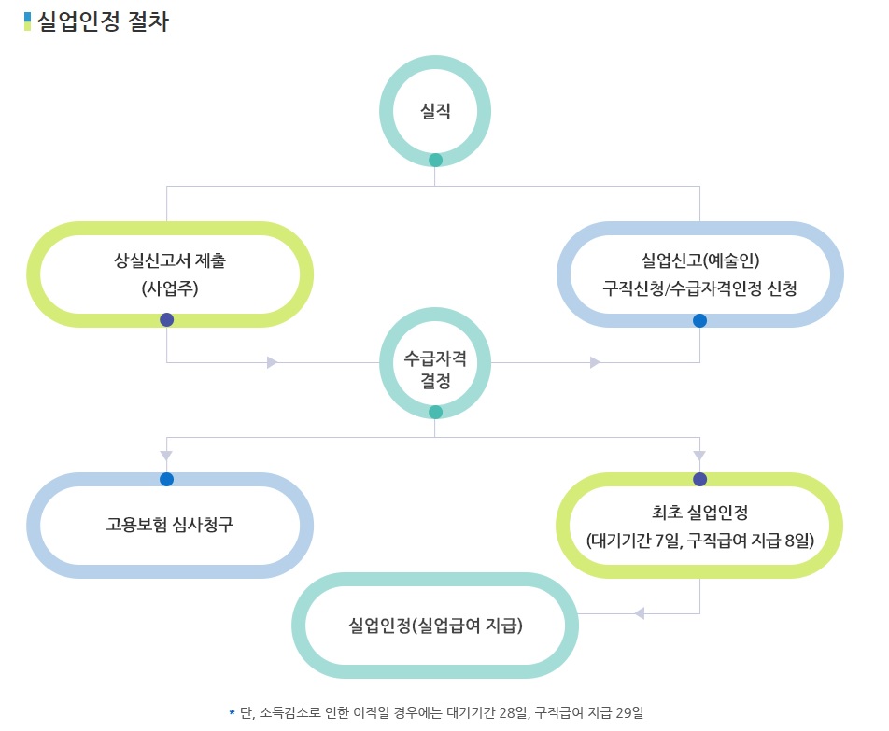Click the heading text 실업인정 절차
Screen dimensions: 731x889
pyautogui.click(x=102, y=21)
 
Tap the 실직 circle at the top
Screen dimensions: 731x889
pyautogui.click(x=435, y=111)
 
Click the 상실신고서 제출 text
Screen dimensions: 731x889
pyautogui.click(x=170, y=260)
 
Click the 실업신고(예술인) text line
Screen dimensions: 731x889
pyautogui.click(x=700, y=260)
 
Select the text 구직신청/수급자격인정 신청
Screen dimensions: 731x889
pyautogui.click(x=700, y=288)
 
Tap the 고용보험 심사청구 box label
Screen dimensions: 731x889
pyautogui.click(x=170, y=523)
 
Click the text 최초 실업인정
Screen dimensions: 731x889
pyautogui.click(x=700, y=512)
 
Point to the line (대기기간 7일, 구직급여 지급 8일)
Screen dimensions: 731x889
pyautogui.click(x=700, y=540)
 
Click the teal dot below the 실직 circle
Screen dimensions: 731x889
pyautogui.click(x=435, y=161)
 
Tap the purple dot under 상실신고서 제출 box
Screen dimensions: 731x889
pyautogui.click(x=167, y=319)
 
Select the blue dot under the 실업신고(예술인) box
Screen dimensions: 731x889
pyautogui.click(x=699, y=320)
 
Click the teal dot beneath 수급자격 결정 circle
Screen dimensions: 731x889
pyautogui.click(x=435, y=412)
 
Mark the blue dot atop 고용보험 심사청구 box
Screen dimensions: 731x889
pyautogui.click(x=166, y=479)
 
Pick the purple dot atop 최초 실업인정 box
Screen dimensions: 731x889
pyautogui.click(x=699, y=479)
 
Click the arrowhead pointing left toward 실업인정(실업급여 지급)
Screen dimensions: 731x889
pyautogui.click(x=640, y=613)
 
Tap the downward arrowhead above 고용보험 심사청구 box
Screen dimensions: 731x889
pyautogui.click(x=166, y=456)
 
